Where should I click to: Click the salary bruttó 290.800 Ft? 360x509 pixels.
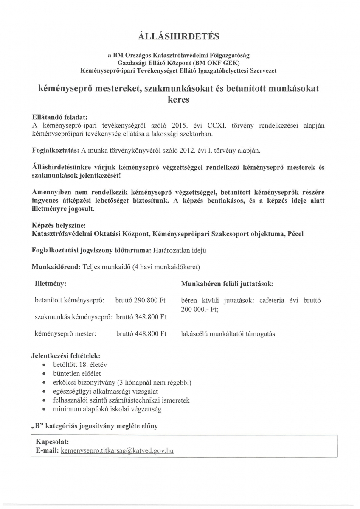(140, 301)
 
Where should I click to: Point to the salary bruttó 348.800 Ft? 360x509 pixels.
(141, 317)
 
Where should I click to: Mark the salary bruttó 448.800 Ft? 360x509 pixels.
(141, 334)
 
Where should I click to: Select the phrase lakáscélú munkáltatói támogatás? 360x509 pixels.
(228, 334)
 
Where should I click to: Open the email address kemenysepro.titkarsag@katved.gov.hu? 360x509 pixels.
(117, 450)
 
